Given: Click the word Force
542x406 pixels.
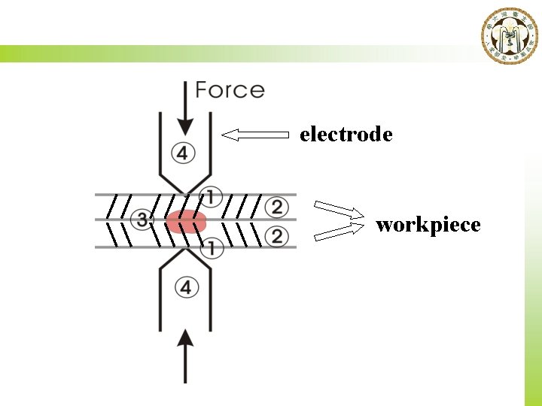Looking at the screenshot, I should click(230, 91).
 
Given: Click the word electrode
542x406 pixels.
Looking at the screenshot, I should click(346, 135).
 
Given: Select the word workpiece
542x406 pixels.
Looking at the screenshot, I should click(428, 225).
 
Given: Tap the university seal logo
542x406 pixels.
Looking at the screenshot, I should click(510, 36).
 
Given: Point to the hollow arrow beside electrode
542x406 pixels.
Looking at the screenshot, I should click(256, 135).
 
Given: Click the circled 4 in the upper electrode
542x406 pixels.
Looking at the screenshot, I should click(184, 153).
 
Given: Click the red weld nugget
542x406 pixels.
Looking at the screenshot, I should click(186, 222).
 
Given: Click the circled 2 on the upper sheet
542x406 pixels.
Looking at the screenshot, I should click(277, 206).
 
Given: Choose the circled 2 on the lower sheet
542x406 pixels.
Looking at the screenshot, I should click(277, 237).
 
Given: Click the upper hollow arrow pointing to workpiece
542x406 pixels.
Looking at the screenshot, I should click(337, 210).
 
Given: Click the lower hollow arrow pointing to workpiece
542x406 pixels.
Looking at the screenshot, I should click(337, 232).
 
